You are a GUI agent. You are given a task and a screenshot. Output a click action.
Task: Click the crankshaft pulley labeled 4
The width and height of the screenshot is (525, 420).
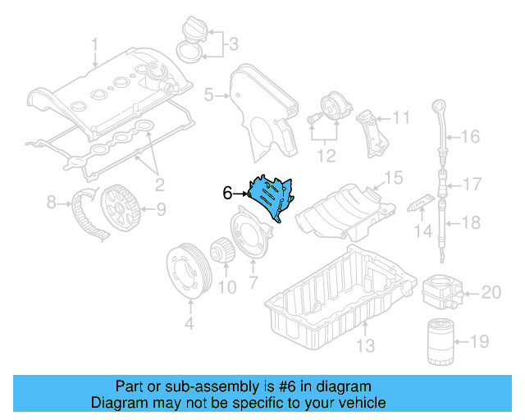pos(189,267)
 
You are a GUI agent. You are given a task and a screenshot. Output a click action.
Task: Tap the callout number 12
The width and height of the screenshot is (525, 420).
pos(326,153)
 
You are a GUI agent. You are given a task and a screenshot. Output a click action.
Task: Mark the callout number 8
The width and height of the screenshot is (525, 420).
pos(51,201)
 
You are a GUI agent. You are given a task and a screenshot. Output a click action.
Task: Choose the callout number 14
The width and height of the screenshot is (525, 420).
pos(422,233)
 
